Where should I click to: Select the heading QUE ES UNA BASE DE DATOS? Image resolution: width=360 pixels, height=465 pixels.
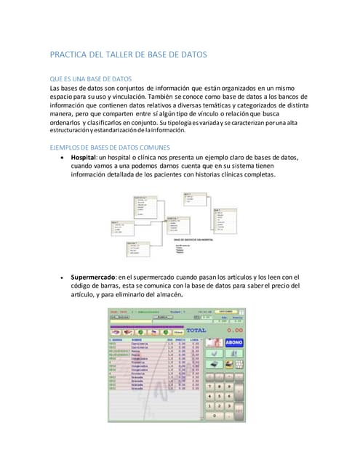point(91,78)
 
